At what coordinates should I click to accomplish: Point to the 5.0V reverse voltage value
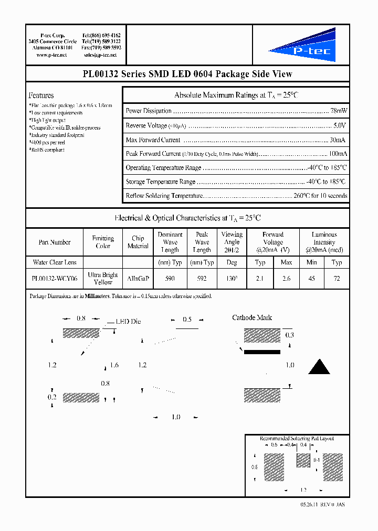click(340, 126)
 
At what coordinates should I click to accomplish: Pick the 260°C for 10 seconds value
click(320, 196)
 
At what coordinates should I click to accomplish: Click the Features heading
click(41, 95)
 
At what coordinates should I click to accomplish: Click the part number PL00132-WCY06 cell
click(54, 279)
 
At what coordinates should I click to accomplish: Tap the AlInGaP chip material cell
click(138, 279)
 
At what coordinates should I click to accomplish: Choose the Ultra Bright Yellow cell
click(103, 279)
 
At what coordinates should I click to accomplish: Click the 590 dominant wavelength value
click(170, 279)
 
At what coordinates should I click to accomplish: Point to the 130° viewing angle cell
click(232, 279)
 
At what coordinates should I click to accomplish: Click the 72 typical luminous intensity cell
click(337, 279)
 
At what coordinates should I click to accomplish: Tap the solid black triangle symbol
click(319, 367)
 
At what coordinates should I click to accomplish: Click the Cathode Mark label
click(252, 318)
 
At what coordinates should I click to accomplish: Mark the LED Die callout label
click(128, 322)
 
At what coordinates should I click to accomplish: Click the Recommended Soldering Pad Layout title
click(297, 438)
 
